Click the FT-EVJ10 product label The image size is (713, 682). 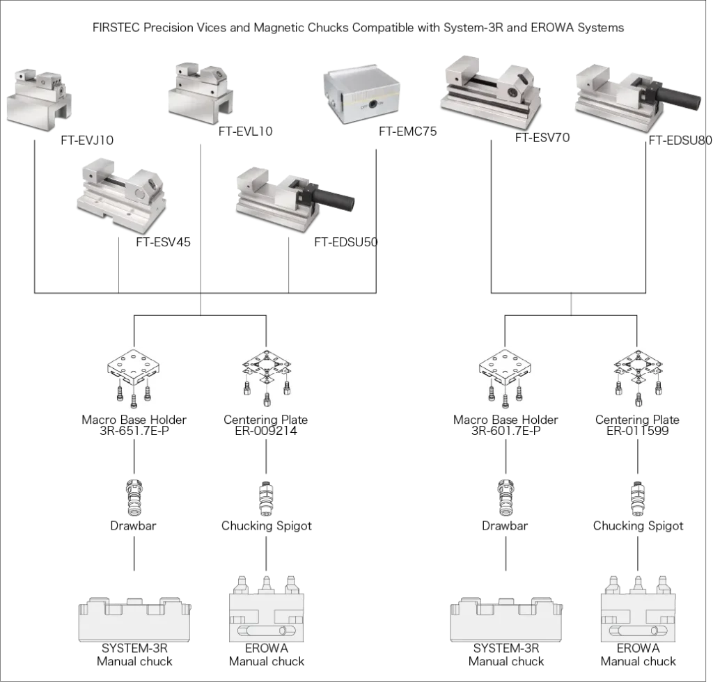click(87, 140)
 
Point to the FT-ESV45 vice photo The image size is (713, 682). click(122, 196)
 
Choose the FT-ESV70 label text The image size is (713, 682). click(542, 137)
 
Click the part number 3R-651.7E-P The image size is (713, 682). click(134, 431)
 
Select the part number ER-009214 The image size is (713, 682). click(266, 431)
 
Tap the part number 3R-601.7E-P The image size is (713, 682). click(506, 431)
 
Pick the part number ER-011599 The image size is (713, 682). click(638, 431)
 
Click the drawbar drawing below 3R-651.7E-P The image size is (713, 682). click(134, 498)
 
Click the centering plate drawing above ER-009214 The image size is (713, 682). click(267, 378)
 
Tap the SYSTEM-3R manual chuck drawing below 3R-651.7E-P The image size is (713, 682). click(134, 619)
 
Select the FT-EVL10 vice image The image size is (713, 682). click(201, 93)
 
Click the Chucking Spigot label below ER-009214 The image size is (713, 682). click(267, 526)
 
